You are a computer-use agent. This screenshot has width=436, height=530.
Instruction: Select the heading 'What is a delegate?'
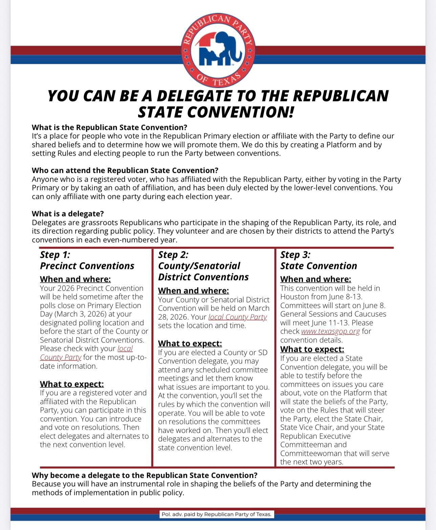pyautogui.click(x=68, y=214)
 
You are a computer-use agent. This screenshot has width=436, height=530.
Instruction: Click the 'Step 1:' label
pyautogui.click(x=55, y=255)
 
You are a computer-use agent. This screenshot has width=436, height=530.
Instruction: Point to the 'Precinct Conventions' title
pyautogui.click(x=87, y=266)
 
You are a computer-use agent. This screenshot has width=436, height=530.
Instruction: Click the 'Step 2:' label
pyautogui.click(x=173, y=255)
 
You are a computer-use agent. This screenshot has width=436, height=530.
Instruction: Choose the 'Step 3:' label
pyautogui.click(x=295, y=255)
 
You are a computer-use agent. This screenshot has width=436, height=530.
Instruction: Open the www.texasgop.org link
pyautogui.click(x=330, y=331)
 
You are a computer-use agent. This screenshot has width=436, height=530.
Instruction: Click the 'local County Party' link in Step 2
pyautogui.click(x=237, y=317)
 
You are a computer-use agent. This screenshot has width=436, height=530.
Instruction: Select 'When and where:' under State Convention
pyautogui.click(x=315, y=279)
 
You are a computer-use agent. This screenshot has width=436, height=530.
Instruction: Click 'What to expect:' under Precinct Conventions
pyautogui.click(x=72, y=384)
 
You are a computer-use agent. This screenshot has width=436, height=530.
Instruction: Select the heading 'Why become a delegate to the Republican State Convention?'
pyautogui.click(x=145, y=475)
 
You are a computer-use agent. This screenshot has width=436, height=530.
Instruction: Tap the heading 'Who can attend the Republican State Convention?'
pyautogui.click(x=125, y=170)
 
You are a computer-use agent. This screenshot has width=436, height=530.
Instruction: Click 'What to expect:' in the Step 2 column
pyautogui.click(x=190, y=344)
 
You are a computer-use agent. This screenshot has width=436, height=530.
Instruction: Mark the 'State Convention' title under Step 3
pyautogui.click(x=319, y=266)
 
